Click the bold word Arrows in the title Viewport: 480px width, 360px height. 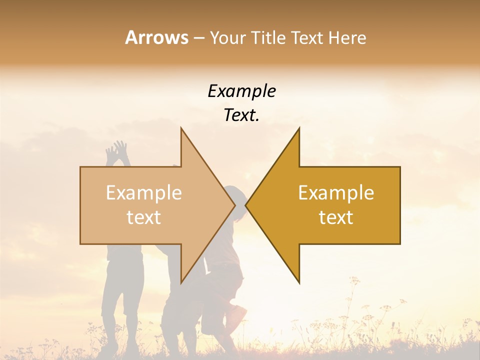point(156,37)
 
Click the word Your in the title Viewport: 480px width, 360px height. point(226,38)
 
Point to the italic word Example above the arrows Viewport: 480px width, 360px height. point(241,91)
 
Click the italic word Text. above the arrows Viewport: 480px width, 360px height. point(241,115)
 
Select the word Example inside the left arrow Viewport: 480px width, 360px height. point(144,193)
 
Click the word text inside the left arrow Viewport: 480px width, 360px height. point(144,217)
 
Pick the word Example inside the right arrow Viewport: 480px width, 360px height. point(336,193)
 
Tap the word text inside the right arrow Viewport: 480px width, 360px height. point(336,217)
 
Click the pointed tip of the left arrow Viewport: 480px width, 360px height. point(235,205)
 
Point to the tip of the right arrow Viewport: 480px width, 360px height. point(245,205)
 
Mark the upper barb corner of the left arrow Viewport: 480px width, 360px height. point(181,128)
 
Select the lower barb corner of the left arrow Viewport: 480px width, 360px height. point(181,283)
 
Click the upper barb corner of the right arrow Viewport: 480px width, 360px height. point(299,128)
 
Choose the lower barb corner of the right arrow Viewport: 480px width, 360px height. point(299,283)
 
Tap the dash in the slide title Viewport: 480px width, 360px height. point(198,38)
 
